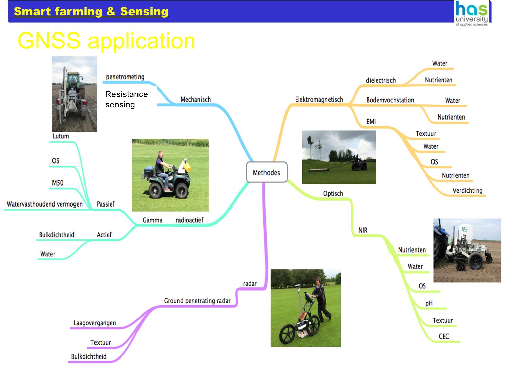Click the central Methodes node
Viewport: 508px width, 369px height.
[x=267, y=173]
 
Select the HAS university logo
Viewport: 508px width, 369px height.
[x=472, y=13]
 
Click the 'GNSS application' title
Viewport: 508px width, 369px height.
[x=106, y=41]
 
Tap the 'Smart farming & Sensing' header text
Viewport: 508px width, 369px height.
[x=91, y=12]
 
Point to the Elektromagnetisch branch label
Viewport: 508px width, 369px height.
[x=319, y=100]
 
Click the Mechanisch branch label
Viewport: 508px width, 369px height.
[x=195, y=100]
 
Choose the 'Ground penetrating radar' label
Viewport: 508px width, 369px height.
[x=197, y=301]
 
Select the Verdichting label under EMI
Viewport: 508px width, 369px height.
[x=467, y=191]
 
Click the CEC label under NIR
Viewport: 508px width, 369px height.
[x=444, y=337]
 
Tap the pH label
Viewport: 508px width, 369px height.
[x=429, y=303]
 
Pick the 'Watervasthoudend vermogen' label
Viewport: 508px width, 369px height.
[x=45, y=204]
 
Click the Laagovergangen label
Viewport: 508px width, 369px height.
[x=95, y=323]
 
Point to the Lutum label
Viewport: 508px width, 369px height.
[x=61, y=136]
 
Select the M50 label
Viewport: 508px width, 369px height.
[x=58, y=183]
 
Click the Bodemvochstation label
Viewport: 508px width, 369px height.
[x=390, y=100]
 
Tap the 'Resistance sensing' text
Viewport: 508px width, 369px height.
[x=126, y=99]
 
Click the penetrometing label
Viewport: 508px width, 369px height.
[x=125, y=77]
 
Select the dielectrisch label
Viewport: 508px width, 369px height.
[x=381, y=81]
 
